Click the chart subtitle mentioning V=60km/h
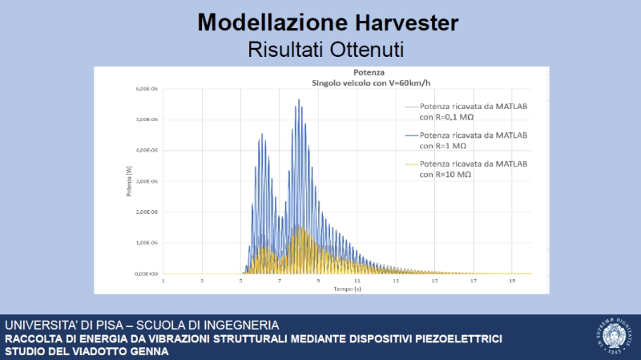(337, 82)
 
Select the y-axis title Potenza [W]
(128, 183)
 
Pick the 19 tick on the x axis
(511, 281)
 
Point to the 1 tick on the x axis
(163, 281)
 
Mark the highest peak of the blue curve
(299, 100)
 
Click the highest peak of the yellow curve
(300, 228)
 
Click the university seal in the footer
(611, 337)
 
